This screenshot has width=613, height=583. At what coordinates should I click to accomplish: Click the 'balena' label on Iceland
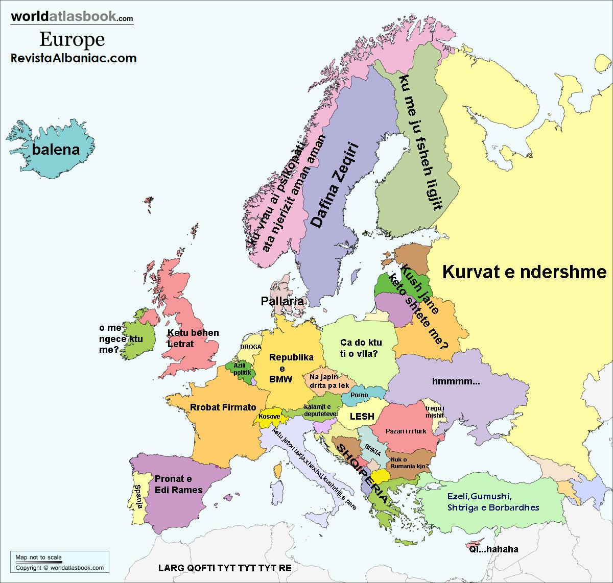coord(56,150)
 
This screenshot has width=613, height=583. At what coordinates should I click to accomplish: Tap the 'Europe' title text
coord(72,39)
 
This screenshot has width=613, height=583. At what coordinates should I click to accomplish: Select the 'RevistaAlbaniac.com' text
coord(74,58)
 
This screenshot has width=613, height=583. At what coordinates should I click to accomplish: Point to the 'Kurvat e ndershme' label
coord(524,272)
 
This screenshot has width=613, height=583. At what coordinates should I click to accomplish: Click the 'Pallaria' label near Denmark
coord(282,301)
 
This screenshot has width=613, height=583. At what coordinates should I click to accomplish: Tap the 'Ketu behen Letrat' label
coord(193,338)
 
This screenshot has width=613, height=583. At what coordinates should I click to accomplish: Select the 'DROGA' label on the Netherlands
coord(250,347)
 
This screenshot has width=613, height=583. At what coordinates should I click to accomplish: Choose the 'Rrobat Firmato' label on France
coord(223,407)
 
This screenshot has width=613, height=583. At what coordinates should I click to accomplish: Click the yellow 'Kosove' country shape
coord(269,416)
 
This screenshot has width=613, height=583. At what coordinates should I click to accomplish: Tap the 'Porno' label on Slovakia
coord(359,395)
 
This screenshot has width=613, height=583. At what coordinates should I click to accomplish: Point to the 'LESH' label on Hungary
coord(362,417)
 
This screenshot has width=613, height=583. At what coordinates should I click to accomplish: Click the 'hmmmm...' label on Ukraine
coord(456,381)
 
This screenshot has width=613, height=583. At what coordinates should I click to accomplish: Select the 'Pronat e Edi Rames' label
coord(178,484)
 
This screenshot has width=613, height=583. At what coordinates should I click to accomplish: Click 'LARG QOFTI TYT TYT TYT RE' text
coord(225,568)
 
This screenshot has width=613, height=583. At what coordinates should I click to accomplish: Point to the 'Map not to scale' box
coord(39,557)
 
